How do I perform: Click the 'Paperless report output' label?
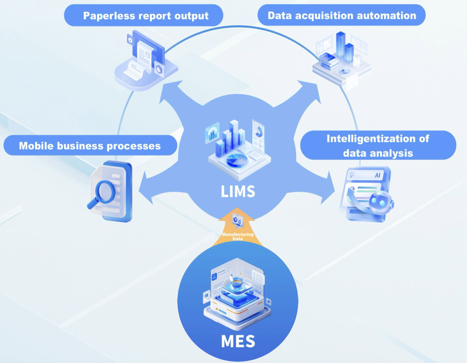pyautogui.click(x=146, y=16)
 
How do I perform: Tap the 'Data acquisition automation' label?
pyautogui.click(x=342, y=16)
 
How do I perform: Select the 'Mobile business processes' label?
pyautogui.click(x=90, y=145)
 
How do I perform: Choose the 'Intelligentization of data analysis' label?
pyautogui.click(x=378, y=145)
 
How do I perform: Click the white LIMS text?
pyautogui.click(x=238, y=191)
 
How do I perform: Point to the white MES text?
pyautogui.click(x=238, y=341)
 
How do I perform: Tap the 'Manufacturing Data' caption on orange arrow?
pyautogui.click(x=238, y=236)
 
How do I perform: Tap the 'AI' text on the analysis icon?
pyautogui.click(x=377, y=175)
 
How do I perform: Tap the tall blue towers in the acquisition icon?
pyautogui.click(x=343, y=49)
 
